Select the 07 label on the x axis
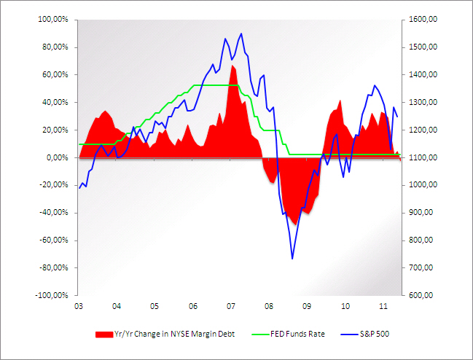point(231,306)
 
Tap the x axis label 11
point(384,306)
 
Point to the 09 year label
point(308,306)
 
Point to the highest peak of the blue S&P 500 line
point(241,34)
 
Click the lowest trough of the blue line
point(292,258)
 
